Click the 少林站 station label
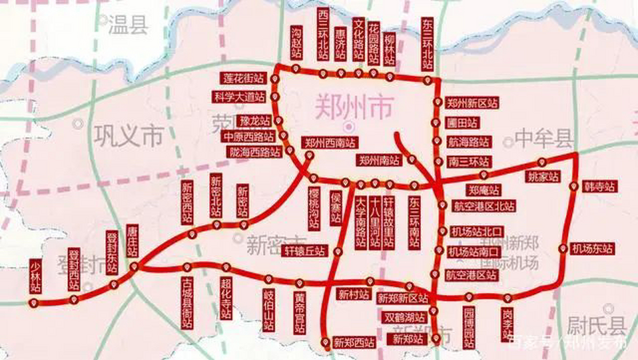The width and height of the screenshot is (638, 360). [35, 276]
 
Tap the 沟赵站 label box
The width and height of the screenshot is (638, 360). [296, 42]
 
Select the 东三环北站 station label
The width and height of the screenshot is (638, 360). [427, 44]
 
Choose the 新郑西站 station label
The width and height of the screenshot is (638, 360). [354, 343]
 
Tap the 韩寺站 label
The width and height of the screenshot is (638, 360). [600, 186]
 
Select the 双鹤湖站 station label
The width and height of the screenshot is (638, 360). [404, 318]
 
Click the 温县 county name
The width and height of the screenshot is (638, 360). [128, 25]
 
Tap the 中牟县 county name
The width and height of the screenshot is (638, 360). [543, 138]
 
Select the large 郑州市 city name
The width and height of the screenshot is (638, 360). [354, 107]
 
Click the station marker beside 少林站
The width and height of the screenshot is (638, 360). [34, 303]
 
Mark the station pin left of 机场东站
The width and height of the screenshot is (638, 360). [563, 249]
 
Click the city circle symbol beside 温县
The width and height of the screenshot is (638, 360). [103, 20]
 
